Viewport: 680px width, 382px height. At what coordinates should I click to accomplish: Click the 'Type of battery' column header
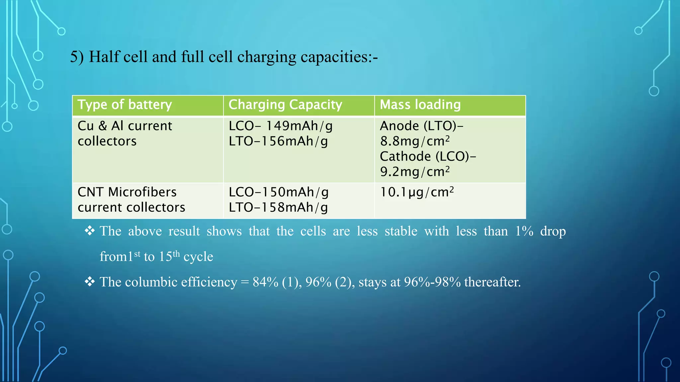(125, 105)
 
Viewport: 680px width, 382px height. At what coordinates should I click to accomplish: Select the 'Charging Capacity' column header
(285, 105)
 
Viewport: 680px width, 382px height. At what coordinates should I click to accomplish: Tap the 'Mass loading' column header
(420, 105)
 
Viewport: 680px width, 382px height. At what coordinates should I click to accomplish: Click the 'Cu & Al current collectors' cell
(125, 134)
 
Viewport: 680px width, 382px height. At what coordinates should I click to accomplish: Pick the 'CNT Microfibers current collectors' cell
(131, 200)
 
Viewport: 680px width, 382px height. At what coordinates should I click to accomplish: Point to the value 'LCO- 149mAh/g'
(281, 126)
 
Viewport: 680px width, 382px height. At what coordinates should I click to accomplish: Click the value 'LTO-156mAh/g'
(278, 141)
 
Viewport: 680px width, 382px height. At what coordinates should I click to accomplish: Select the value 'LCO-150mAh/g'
(279, 192)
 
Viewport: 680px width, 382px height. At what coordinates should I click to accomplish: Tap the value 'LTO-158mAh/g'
(278, 208)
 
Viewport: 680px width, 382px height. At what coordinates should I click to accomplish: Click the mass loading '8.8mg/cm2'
(415, 141)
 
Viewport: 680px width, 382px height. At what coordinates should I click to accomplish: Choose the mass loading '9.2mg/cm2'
(415, 172)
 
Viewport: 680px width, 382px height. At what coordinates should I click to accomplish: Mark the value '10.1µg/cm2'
(417, 192)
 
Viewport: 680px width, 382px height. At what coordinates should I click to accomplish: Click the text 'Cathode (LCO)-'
(428, 157)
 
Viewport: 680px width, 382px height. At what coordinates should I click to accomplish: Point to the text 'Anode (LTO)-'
(421, 126)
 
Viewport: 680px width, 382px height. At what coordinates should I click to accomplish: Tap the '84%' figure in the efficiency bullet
(265, 282)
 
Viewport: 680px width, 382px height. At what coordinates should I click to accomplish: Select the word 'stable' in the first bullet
(401, 231)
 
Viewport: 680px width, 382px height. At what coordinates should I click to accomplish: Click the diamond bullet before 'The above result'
(90, 230)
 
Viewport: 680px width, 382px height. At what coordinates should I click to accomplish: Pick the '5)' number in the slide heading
(77, 57)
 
